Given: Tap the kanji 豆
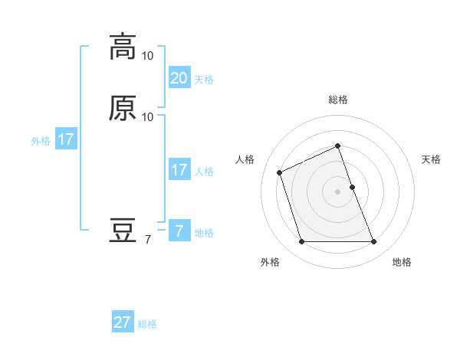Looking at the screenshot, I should coord(123,231).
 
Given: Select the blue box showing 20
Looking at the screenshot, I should coord(179,78).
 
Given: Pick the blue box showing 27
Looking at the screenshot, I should coord(123,322).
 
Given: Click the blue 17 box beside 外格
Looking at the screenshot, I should coord(66,140).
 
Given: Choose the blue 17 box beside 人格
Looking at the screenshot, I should coord(179,170).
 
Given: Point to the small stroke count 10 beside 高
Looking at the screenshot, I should coord(148,56).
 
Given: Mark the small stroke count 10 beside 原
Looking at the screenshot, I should coord(148,117).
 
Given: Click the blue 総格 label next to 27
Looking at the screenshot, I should coord(147,324).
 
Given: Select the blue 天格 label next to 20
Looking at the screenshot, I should coord(204,80).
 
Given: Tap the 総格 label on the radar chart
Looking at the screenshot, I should coord(338,100).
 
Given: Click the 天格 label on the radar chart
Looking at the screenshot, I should coord(432,159).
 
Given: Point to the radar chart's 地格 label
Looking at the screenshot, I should coord(402,262).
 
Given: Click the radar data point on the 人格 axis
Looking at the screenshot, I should coord(281,172).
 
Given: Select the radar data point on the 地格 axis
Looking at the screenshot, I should coord(374,242).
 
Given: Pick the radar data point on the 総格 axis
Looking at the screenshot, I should coord(338,146).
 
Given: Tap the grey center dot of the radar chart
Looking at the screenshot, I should coord(338,191).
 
